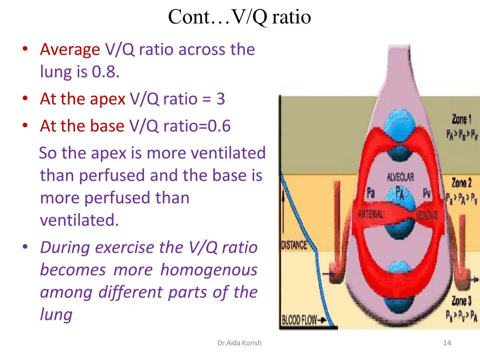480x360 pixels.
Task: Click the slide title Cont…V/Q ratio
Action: pyautogui.click(x=240, y=17)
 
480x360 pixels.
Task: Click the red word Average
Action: pyautogui.click(x=70, y=49)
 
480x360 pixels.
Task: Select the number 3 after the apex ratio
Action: pyautogui.click(x=220, y=99)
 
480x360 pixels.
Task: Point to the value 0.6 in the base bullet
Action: pyautogui.click(x=220, y=126)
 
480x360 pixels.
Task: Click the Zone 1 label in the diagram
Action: pyautogui.click(x=461, y=119)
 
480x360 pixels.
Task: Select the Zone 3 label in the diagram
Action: pyautogui.click(x=461, y=300)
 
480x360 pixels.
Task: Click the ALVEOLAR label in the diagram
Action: pyautogui.click(x=400, y=177)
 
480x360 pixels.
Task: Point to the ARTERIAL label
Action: pyautogui.click(x=371, y=214)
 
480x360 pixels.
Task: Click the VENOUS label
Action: pyautogui.click(x=427, y=215)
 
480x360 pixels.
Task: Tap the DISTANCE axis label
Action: pyautogui.click(x=294, y=245)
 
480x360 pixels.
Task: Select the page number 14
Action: pyautogui.click(x=447, y=343)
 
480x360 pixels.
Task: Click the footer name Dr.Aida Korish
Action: pyautogui.click(x=239, y=343)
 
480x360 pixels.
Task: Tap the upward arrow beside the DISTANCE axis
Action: pyautogui.click(x=283, y=206)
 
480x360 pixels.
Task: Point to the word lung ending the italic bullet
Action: pyautogui.click(x=56, y=315)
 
